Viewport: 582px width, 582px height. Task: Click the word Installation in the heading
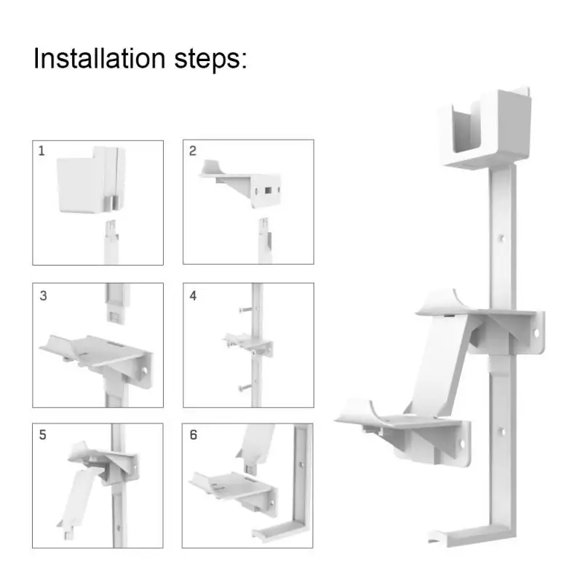coord(99,58)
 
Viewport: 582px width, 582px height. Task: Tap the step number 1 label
coord(41,151)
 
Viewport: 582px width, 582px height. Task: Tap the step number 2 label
coord(192,151)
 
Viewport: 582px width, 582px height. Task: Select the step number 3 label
coord(43,296)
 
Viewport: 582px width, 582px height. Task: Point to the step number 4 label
coord(193,296)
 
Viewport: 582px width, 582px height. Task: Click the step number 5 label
coord(43,434)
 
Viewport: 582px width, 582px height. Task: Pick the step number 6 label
coord(194,434)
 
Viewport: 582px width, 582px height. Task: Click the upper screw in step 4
coord(246,308)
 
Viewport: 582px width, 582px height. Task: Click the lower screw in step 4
coord(246,387)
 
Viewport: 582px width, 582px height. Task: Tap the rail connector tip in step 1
coord(111,227)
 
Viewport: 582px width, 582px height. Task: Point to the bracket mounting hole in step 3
coord(144,371)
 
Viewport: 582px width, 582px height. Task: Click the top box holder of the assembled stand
coord(485,128)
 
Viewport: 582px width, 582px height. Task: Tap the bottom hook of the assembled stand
coord(471,535)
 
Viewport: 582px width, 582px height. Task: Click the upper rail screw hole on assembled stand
coord(501,238)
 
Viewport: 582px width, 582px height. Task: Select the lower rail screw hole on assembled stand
coord(501,431)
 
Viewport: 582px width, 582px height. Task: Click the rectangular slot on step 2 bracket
coord(268,191)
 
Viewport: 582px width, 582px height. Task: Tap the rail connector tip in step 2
coord(263,226)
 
